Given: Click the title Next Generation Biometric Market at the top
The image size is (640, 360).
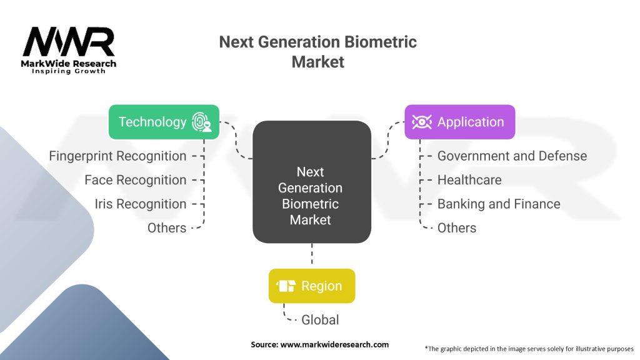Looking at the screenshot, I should [317, 52].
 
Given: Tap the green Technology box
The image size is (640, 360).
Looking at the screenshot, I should [164, 121].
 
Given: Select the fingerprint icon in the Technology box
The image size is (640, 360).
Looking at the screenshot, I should [201, 121].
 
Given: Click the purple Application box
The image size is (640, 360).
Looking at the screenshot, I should [459, 122].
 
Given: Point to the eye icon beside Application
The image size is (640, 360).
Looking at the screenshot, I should [422, 122].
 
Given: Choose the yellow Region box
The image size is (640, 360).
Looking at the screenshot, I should [311, 286].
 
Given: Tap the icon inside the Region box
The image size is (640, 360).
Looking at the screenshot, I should [286, 286].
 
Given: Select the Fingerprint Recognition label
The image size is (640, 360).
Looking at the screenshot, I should [117, 156].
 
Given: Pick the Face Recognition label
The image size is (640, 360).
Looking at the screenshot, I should [135, 180].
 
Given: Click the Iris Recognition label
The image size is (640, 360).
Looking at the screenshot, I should [140, 204].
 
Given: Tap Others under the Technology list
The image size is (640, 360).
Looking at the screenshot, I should [166, 228].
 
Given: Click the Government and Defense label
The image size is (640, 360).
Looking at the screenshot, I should [512, 156].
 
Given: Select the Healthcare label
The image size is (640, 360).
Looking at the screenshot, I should [469, 180].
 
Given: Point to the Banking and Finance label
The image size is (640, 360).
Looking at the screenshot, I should [498, 204].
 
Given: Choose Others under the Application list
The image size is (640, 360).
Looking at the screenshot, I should [456, 228].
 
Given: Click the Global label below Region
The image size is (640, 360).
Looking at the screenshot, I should [320, 320].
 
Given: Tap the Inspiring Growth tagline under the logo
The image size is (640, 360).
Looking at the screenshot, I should [69, 71].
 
